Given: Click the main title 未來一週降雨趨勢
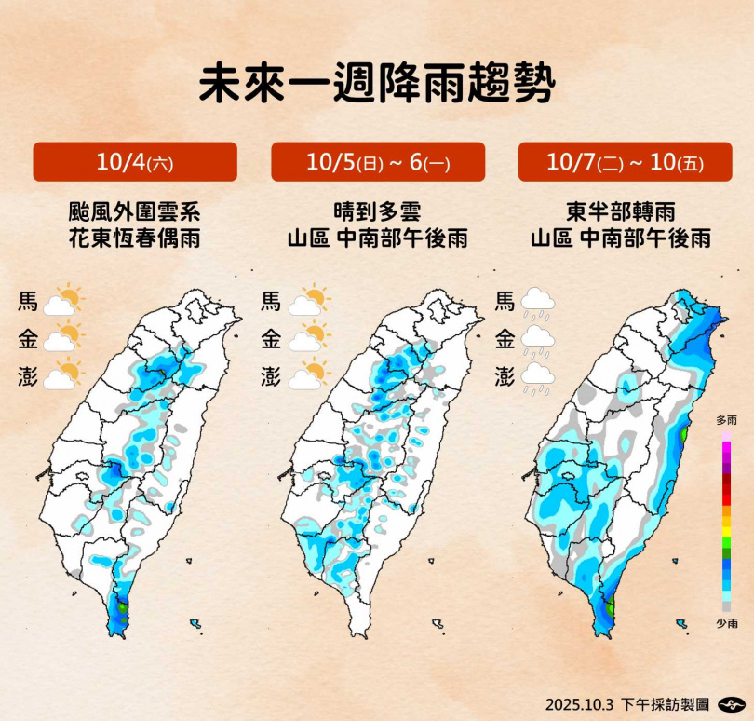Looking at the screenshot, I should pyautogui.click(x=376, y=84).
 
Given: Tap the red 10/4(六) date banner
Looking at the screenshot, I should pyautogui.click(x=135, y=162).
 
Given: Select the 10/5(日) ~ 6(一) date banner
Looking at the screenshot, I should pyautogui.click(x=378, y=162).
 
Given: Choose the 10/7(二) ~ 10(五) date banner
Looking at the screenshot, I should pyautogui.click(x=625, y=162).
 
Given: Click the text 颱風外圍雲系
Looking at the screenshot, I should pyautogui.click(x=135, y=211).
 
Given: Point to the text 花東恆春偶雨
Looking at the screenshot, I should pyautogui.click(x=135, y=239).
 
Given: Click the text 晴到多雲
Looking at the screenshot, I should pyautogui.click(x=377, y=211).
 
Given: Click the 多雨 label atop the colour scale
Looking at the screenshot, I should pyautogui.click(x=726, y=421).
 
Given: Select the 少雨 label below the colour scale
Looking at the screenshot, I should pyautogui.click(x=726, y=623).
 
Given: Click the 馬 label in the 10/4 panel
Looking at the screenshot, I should pyautogui.click(x=27, y=302).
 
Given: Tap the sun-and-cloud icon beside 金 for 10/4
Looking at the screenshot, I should pyautogui.click(x=63, y=337).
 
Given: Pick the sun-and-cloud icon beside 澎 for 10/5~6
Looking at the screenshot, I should pyautogui.click(x=309, y=375).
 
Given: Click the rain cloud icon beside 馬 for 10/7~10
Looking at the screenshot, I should pyautogui.click(x=538, y=304).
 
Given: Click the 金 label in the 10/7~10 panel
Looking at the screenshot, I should pyautogui.click(x=505, y=339).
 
